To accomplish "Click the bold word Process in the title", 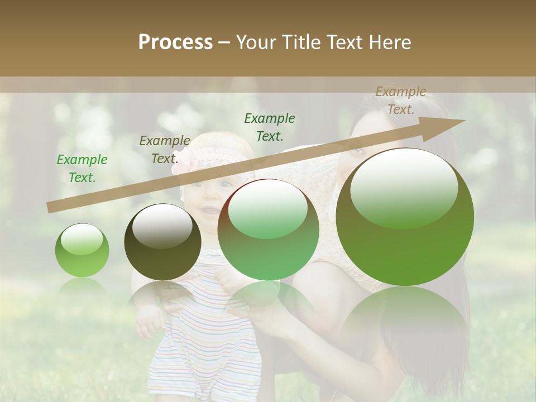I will point(175,42).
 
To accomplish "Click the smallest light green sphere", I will point(82,251).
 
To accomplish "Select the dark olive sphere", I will point(162,242).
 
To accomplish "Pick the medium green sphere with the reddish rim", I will point(268,229).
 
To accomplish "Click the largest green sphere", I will point(405,217).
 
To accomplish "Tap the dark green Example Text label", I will point(270,127).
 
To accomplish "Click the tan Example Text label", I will point(401,100).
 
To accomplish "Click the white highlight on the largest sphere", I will point(404,189).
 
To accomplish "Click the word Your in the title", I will point(256,42).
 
